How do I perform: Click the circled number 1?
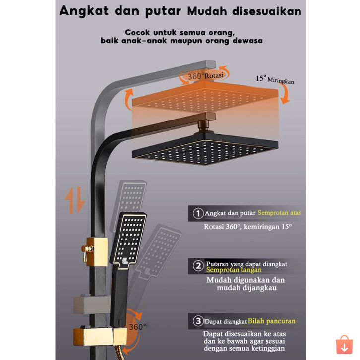point(198,213)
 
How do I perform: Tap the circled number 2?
point(198,267)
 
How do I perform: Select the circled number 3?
point(198,321)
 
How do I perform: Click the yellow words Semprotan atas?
point(279,213)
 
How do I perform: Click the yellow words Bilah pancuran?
point(272,321)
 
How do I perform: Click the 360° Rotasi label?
point(205,76)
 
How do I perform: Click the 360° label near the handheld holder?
point(137,327)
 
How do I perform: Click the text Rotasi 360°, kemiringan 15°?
point(248,227)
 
